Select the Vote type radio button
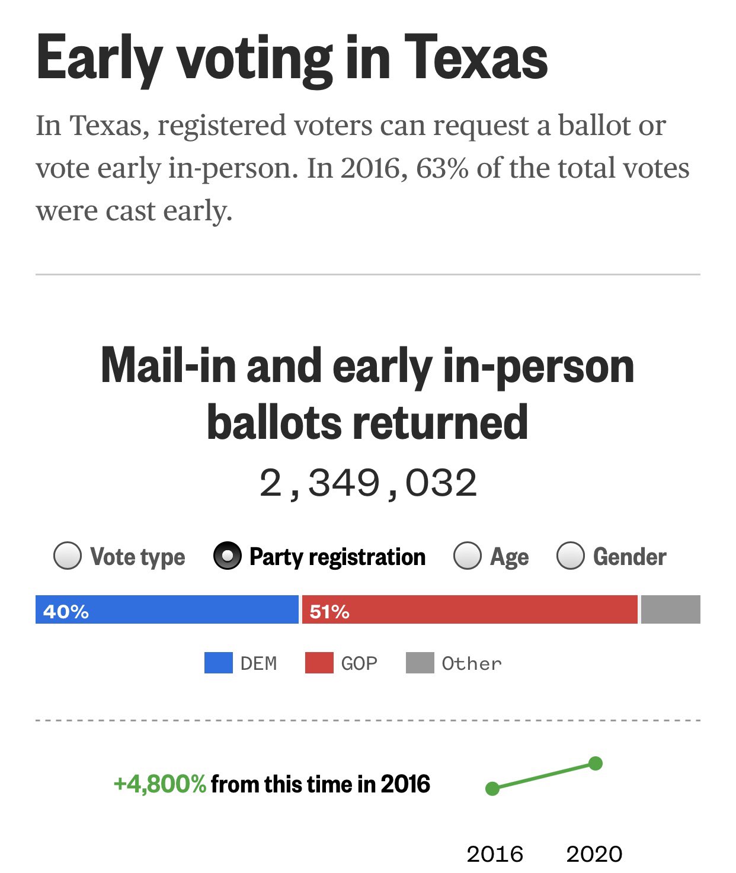point(68,556)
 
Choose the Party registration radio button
point(228,556)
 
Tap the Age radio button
point(468,556)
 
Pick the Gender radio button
point(571,556)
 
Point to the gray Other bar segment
point(670,609)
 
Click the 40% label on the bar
point(66,611)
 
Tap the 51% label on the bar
point(329,611)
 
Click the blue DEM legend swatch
point(218,663)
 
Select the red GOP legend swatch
point(319,663)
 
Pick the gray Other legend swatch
point(420,663)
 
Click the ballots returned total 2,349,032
point(368,483)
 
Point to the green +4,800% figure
point(159,784)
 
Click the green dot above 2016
point(492,788)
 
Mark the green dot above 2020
point(596,763)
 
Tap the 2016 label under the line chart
point(495,854)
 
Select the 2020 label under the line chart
point(594,854)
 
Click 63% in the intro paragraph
point(442,169)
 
